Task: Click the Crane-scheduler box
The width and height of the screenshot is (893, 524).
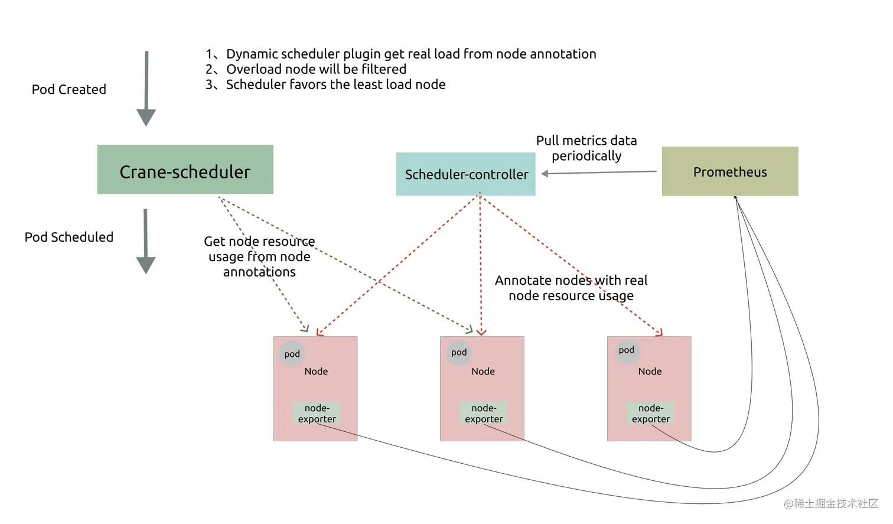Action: coord(185,170)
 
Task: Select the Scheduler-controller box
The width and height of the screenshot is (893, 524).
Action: coord(465,174)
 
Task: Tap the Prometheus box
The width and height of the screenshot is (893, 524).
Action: coord(730,171)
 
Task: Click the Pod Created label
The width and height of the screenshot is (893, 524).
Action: coord(69,89)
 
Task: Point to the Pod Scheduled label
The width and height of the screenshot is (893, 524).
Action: coord(69,237)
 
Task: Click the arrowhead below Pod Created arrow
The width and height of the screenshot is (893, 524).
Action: coord(146,118)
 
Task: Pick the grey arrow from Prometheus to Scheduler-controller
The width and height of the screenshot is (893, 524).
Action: coord(599,173)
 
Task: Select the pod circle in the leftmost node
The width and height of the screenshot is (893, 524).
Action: coord(292,354)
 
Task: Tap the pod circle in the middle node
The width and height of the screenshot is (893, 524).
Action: coord(459,353)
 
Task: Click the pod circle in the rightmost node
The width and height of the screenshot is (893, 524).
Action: coord(627,350)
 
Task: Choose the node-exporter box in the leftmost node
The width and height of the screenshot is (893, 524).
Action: coord(317,413)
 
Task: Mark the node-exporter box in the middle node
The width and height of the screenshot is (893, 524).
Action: coord(484,413)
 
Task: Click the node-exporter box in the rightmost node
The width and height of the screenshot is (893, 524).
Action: coord(651,413)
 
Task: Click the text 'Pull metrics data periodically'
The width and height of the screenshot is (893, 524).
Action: coord(586,148)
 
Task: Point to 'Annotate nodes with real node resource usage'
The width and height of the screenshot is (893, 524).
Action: coord(571,288)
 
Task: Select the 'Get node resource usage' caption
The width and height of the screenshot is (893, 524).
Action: coord(259,256)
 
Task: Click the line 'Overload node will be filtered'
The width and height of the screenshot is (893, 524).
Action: coord(306,69)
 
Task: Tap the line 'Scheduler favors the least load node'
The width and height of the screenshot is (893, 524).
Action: coord(325,84)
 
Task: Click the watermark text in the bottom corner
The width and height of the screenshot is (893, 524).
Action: coord(831,504)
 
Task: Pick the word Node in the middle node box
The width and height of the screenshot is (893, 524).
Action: coord(483,371)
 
